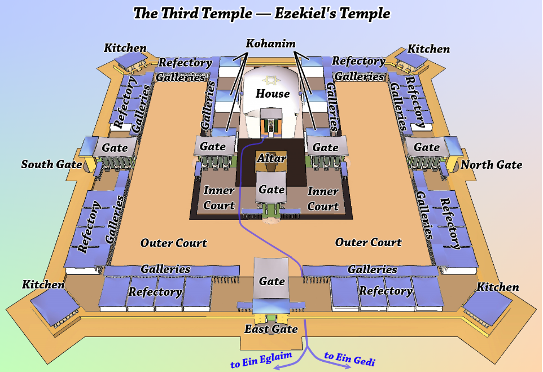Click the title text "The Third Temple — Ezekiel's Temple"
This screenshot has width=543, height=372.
pos(261,13)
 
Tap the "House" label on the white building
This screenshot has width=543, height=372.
pos(273,93)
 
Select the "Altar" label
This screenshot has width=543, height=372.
pos(271,159)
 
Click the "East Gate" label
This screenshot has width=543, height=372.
pos(271,329)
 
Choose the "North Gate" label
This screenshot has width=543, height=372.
pos(491,165)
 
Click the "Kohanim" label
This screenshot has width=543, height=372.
pos(271,43)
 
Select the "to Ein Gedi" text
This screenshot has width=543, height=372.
pos(350,358)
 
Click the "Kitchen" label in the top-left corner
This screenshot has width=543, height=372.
pos(125,49)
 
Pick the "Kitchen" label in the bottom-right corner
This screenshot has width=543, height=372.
pos(498,287)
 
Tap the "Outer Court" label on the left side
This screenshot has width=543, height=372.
pos(173,243)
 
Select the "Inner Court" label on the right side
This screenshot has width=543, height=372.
pos(323,199)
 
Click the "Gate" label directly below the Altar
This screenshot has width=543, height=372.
pos(271,190)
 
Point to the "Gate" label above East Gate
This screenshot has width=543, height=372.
pos(271,281)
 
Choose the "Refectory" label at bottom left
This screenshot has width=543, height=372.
pos(155,292)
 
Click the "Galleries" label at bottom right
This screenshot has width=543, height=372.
pos(372,270)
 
